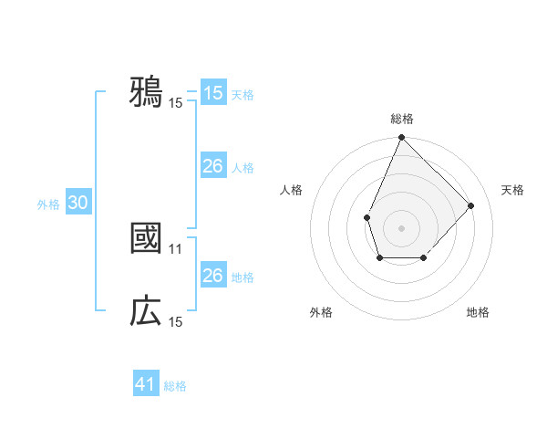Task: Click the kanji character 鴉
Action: pyautogui.click(x=146, y=92)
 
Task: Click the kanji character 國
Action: pyautogui.click(x=146, y=238)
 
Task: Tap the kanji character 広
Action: pyautogui.click(x=146, y=311)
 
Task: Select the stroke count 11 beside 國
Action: pyautogui.click(x=176, y=247)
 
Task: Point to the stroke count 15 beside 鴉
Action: pyautogui.click(x=176, y=102)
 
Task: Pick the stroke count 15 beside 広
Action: pyautogui.click(x=176, y=321)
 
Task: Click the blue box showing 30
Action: pyautogui.click(x=77, y=204)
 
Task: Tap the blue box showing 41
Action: pyautogui.click(x=146, y=384)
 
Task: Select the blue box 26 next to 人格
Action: pyautogui.click(x=212, y=166)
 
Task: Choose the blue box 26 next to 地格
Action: pyautogui.click(x=212, y=276)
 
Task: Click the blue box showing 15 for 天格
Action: pyautogui.click(x=212, y=93)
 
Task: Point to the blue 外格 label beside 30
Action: pyautogui.click(x=48, y=204)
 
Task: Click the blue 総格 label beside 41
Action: pyautogui.click(x=175, y=386)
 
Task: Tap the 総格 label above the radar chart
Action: pyautogui.click(x=402, y=120)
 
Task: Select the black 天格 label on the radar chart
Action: pyautogui.click(x=512, y=190)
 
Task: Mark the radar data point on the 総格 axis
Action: pyautogui.click(x=402, y=138)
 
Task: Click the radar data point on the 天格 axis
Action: pyautogui.click(x=471, y=205)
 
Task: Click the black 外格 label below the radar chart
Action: pyautogui.click(x=321, y=312)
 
